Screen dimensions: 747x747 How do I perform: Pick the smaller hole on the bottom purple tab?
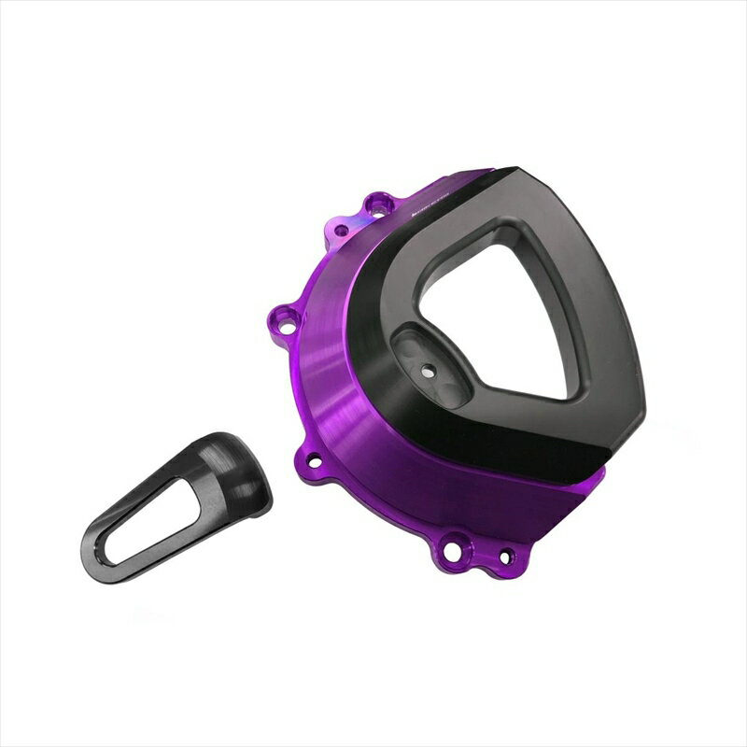(505, 557)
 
